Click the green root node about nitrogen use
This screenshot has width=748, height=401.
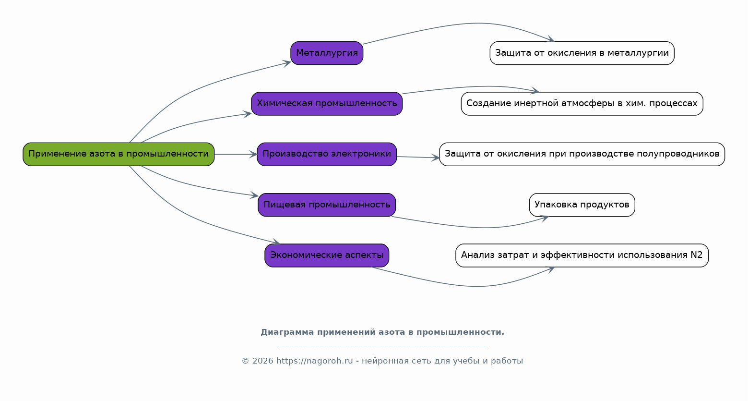tap(119, 154)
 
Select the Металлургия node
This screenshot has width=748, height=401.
tap(327, 53)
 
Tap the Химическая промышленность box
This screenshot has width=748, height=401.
tap(327, 104)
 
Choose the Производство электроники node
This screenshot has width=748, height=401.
tap(327, 154)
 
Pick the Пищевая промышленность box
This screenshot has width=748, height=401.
tap(327, 205)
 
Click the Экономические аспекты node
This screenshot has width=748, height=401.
tap(327, 255)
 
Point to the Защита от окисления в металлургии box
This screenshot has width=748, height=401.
tap(582, 53)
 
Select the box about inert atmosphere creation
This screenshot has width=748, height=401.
tap(582, 104)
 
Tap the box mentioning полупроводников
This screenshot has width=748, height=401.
tap(582, 154)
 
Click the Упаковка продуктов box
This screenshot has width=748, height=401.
tap(582, 205)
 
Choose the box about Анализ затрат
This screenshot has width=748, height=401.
tap(582, 255)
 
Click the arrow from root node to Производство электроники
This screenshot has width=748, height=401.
tap(236, 154)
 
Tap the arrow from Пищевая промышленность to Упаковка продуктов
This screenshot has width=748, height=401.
tap(480, 227)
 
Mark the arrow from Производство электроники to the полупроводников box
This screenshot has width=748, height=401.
tap(417, 157)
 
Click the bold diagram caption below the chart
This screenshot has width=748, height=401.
tap(382, 332)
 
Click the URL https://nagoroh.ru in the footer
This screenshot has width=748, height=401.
tap(314, 361)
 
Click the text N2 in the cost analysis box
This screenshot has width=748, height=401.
tap(697, 255)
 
